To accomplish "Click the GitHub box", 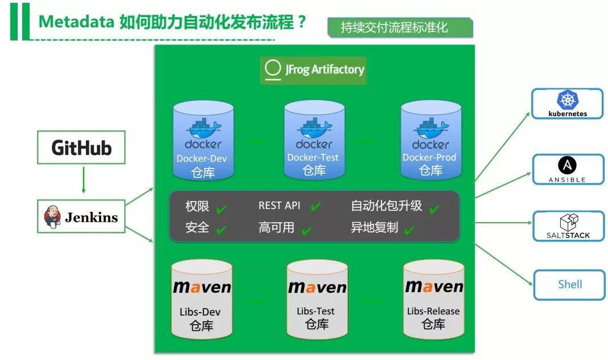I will pos(81,148).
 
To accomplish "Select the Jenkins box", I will pos(81,216).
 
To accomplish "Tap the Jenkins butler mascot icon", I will pos(52,217).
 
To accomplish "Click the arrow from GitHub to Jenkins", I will pos(83,180).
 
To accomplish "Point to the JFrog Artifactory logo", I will pos(314,69).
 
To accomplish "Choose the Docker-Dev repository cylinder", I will pos(203,139).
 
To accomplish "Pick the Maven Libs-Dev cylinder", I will pos(202,299).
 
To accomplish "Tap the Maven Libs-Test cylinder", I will pos(317,299).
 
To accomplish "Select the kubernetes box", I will pos(567,104).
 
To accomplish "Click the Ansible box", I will pos(567,169).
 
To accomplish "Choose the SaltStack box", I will pos(567,226).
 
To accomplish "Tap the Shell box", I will pos(569,284).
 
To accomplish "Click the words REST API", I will pos(279,206).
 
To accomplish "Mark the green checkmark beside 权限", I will pos(221,209).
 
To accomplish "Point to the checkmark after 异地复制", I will pos(408,230).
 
